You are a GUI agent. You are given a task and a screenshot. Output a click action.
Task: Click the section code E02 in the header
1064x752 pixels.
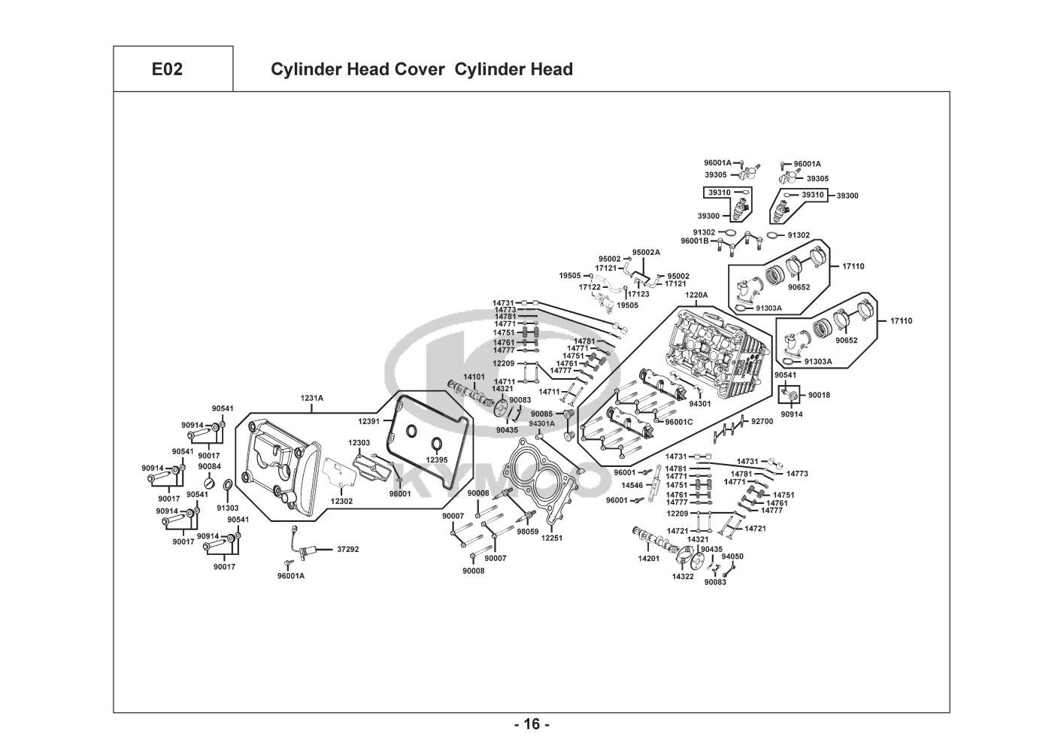(x=167, y=70)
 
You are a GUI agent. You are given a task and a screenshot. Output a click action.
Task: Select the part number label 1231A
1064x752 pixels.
(x=312, y=399)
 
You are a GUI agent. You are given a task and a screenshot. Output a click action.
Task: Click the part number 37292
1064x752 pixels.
(x=347, y=549)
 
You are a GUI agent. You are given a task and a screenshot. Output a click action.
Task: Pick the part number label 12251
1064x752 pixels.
(x=551, y=538)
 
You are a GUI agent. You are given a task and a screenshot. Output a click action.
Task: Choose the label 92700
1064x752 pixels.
(x=762, y=422)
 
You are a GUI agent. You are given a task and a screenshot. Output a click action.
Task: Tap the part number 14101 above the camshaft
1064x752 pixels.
(x=474, y=376)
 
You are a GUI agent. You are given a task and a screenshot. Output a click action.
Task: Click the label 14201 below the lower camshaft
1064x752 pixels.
(x=649, y=559)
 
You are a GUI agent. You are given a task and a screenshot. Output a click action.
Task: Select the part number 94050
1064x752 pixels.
(x=732, y=556)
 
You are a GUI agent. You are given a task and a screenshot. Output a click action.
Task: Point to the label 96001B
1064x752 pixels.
(x=695, y=241)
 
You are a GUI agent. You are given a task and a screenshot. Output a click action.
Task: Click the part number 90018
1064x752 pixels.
(x=819, y=395)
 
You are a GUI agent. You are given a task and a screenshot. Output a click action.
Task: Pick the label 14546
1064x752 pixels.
(x=632, y=485)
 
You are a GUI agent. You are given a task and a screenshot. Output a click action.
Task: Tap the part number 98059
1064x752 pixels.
(x=527, y=531)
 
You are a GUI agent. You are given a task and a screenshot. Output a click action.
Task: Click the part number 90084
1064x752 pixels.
(x=210, y=466)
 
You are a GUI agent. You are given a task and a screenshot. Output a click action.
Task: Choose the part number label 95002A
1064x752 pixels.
(x=646, y=252)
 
